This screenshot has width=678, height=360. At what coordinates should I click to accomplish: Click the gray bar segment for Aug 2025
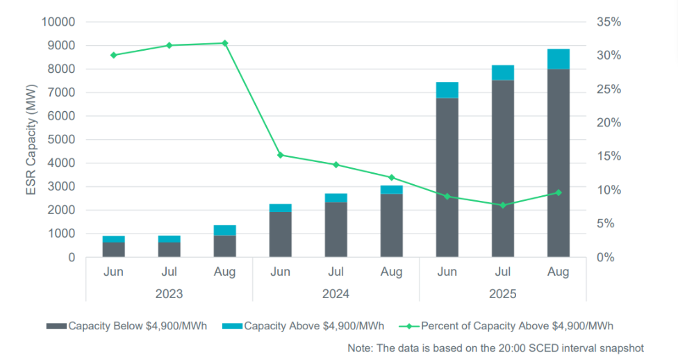(x=558, y=163)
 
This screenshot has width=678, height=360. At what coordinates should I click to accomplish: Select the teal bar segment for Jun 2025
(x=447, y=90)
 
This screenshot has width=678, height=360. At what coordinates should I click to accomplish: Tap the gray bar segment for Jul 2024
(x=336, y=229)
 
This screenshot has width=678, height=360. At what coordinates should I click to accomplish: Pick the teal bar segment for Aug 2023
(x=224, y=230)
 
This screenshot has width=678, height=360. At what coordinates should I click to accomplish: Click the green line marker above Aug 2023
(x=224, y=43)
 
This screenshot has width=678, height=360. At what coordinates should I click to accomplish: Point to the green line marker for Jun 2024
(x=280, y=155)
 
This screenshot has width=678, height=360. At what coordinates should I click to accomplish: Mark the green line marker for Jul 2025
(x=502, y=205)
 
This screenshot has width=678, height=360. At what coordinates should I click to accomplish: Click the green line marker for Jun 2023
(x=113, y=55)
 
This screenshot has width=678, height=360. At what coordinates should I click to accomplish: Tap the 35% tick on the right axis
(x=609, y=22)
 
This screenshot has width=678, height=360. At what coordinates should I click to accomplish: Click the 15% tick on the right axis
(x=609, y=156)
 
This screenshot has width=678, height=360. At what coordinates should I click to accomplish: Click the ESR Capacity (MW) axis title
(x=31, y=139)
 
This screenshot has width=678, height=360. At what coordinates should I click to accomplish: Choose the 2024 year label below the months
(x=336, y=294)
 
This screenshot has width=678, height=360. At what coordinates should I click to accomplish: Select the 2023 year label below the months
(x=169, y=294)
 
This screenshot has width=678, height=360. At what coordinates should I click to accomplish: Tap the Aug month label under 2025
(x=558, y=272)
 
